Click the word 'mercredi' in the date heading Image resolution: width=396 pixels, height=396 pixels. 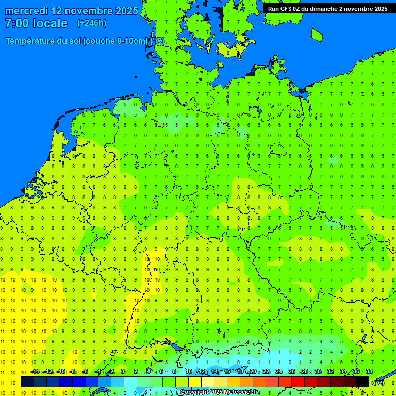(26, 11)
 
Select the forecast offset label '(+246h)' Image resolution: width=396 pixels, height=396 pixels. (91, 23)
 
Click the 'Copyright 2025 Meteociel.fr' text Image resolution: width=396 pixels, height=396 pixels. (220, 392)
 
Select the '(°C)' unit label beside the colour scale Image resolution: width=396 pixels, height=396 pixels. (378, 382)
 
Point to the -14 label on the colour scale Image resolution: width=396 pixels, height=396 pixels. (35, 372)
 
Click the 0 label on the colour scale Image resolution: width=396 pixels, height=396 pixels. (123, 372)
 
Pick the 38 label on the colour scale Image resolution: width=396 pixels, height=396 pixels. (369, 372)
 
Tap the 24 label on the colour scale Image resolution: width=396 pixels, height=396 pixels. (279, 372)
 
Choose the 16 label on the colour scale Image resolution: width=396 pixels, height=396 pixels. (227, 372)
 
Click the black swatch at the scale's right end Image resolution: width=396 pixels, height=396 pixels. (362, 382)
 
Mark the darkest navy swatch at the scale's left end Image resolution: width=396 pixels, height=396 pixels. (27, 382)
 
